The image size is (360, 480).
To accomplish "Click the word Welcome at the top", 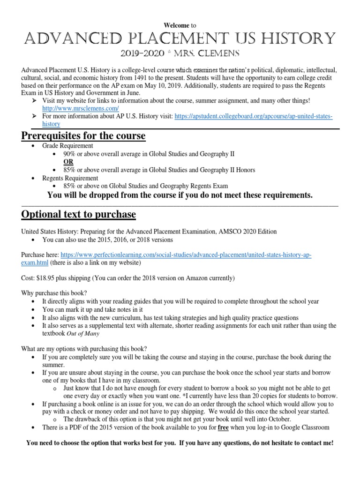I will [x=177, y=25].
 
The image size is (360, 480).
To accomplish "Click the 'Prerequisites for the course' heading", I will [x=83, y=136].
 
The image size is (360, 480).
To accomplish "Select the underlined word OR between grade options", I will [x=68, y=162].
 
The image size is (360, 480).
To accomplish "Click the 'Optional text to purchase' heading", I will [x=79, y=214].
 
